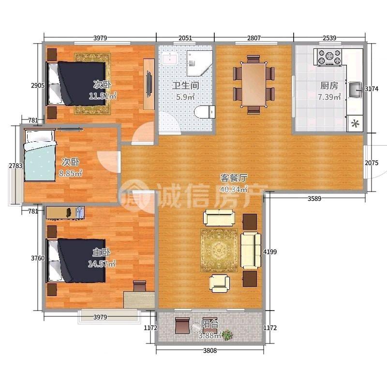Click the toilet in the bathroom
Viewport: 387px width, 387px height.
click(x=204, y=112)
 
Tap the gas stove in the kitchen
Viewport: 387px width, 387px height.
click(x=329, y=57)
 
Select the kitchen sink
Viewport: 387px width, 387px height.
click(x=356, y=90)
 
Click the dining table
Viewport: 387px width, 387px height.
click(x=253, y=84)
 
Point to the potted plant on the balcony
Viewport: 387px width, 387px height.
click(x=227, y=335)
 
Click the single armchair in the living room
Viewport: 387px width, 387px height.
click(x=220, y=283)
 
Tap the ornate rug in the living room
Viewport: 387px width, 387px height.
click(x=219, y=250)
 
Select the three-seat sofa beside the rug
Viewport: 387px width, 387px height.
click(x=251, y=250)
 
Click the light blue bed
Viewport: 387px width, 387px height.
click(x=40, y=155)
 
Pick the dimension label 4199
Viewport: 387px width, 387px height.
click(x=270, y=252)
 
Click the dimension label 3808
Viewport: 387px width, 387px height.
click(x=210, y=350)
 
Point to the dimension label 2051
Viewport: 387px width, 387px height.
click(x=185, y=38)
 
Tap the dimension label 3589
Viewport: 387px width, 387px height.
click(x=314, y=198)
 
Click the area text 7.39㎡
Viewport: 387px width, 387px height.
click(x=329, y=97)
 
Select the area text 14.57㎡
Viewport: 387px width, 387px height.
click(x=102, y=264)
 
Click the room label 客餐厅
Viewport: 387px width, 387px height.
click(x=234, y=178)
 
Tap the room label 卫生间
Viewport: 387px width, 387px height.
click(x=186, y=86)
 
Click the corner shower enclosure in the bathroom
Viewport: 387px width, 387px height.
click(x=198, y=63)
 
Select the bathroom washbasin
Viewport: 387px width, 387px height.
click(x=170, y=59)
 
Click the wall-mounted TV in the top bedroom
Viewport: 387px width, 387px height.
click(x=149, y=84)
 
